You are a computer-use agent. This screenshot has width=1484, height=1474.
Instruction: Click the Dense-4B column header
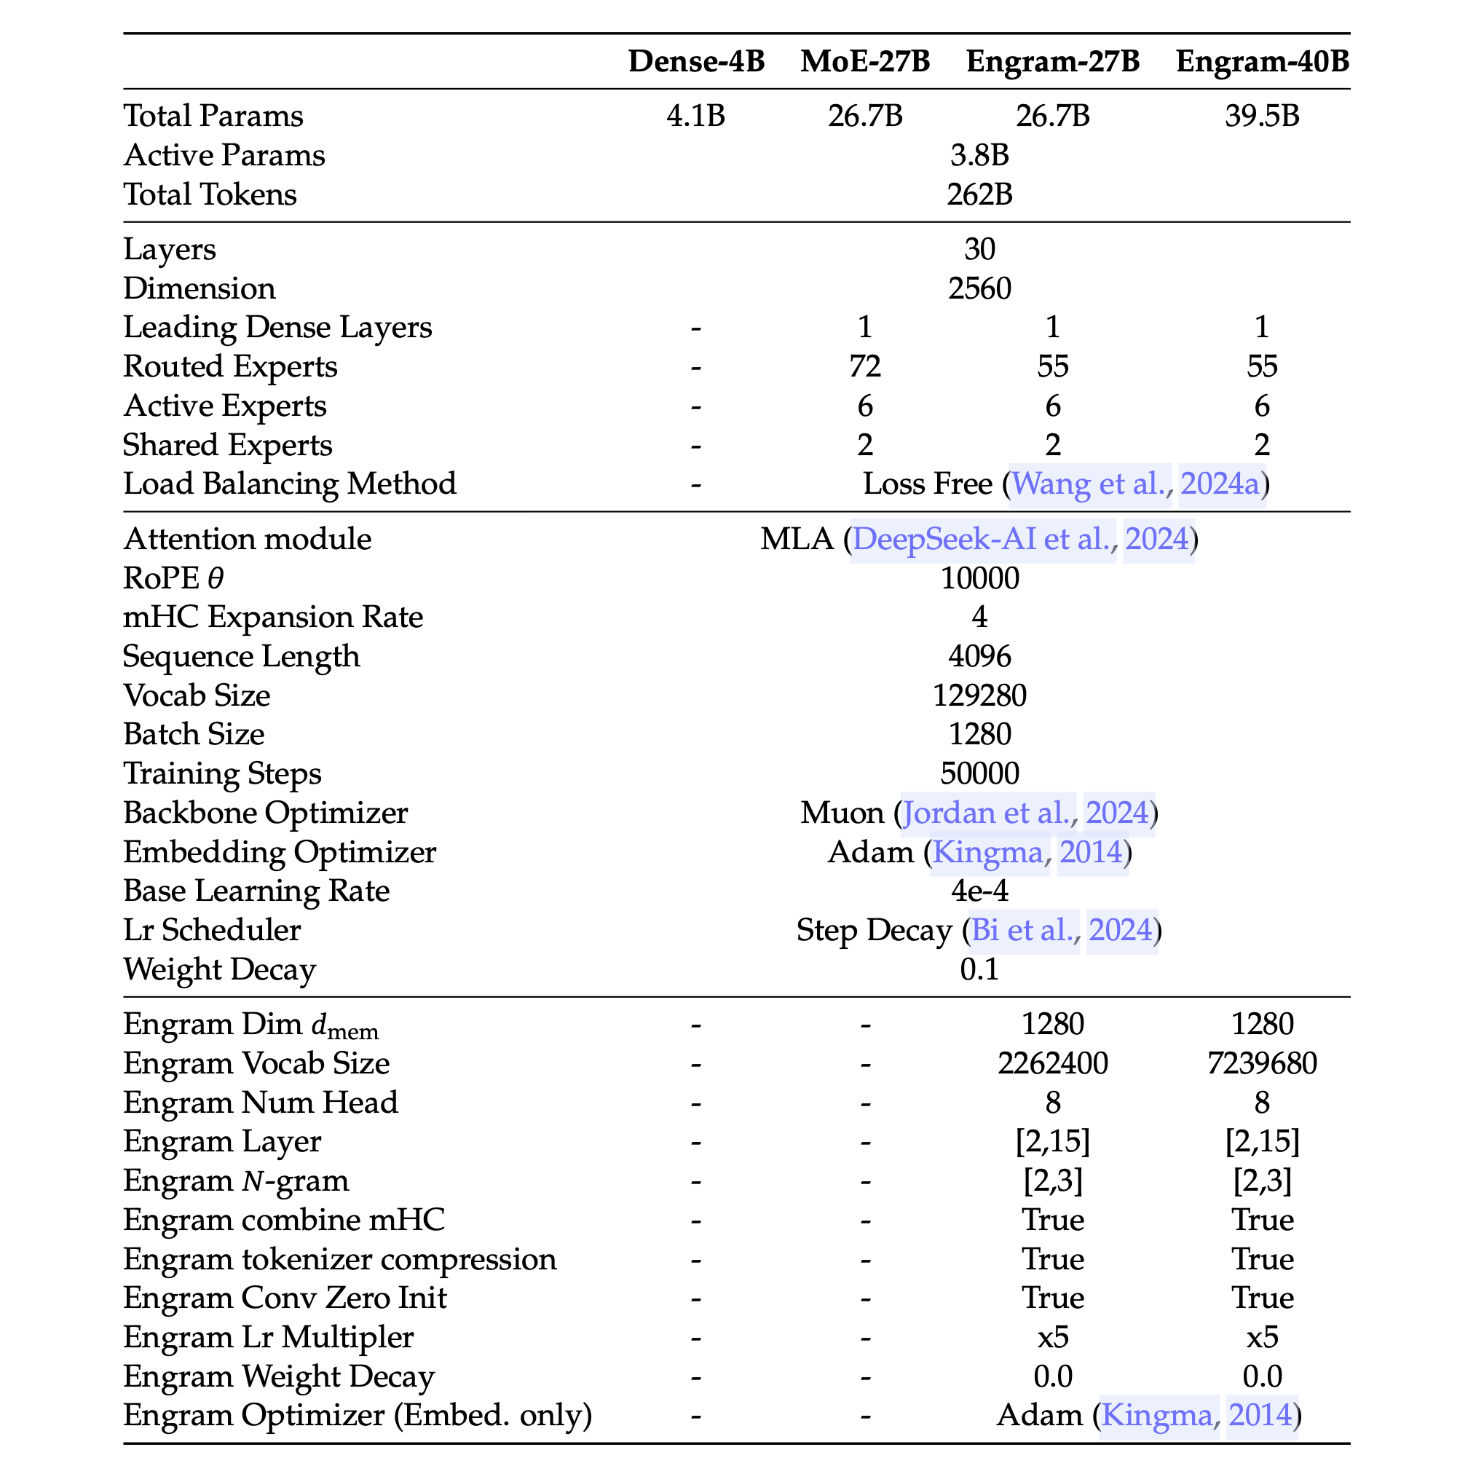(696, 61)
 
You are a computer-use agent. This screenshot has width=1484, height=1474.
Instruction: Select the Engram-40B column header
(1262, 61)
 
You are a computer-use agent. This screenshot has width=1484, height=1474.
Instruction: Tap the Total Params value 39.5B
(1262, 116)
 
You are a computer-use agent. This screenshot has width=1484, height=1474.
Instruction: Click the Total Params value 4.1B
(696, 116)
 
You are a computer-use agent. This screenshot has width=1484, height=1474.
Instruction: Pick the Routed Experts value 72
(865, 366)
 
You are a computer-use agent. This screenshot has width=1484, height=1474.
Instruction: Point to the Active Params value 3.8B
(979, 155)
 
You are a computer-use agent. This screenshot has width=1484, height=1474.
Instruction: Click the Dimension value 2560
(979, 289)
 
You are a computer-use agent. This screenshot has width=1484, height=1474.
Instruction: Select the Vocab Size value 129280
(979, 696)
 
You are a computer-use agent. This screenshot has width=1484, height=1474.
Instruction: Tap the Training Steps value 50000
(979, 773)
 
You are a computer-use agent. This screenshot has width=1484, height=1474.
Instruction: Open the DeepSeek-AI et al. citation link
(983, 539)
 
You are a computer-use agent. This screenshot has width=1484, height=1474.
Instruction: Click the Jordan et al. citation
(988, 813)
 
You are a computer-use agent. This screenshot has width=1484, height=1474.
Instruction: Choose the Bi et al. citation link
(1024, 930)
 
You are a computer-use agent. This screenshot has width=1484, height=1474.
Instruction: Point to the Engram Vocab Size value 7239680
(1262, 1064)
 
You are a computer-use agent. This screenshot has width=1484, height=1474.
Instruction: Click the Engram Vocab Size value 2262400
(1052, 1064)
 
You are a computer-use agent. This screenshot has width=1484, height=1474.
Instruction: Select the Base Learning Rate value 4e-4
(979, 891)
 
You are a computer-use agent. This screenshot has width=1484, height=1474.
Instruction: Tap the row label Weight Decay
(220, 969)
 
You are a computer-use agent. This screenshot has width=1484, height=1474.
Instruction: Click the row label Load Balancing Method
(290, 484)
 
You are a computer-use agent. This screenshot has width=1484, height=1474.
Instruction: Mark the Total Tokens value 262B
(979, 194)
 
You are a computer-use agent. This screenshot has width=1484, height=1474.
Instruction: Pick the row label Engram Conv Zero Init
(285, 1298)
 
